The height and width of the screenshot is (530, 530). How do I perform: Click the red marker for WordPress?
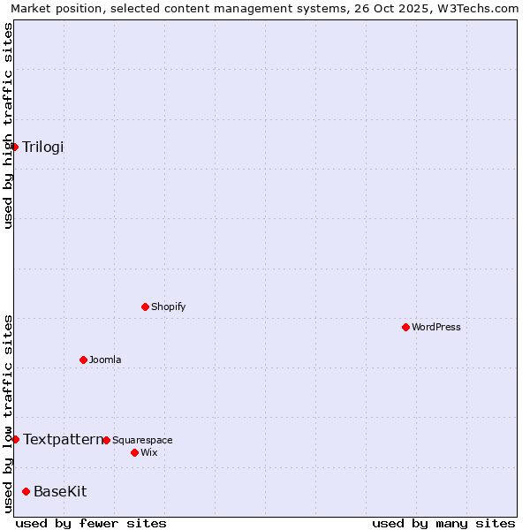click(405, 327)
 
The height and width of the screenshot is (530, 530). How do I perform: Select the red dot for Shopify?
click(145, 307)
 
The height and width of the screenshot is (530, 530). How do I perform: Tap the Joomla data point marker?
click(83, 360)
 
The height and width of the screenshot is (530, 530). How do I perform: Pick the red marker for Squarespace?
click(106, 440)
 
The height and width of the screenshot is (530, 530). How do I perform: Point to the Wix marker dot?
click(134, 452)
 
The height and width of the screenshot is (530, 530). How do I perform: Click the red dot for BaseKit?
click(26, 491)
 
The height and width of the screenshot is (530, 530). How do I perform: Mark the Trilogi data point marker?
click(15, 147)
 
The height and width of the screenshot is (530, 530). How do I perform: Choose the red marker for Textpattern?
click(15, 439)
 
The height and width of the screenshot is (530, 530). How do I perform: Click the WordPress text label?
click(436, 327)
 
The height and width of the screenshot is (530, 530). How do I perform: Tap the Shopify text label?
click(169, 307)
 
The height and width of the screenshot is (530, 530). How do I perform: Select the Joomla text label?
click(105, 360)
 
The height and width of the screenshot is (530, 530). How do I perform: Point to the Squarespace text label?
click(142, 440)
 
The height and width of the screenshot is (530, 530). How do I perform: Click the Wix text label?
click(149, 452)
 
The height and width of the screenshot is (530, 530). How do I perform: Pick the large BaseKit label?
click(60, 491)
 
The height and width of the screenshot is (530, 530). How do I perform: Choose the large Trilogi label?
click(43, 147)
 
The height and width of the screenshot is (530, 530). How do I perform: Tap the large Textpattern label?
click(63, 439)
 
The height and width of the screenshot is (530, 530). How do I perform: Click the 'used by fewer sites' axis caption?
click(91, 523)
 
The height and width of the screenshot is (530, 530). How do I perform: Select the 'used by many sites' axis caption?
click(443, 523)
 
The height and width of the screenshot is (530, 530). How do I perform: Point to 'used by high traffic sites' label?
click(8, 125)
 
